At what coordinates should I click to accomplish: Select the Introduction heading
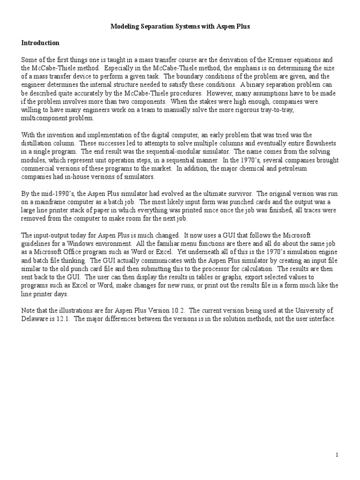point(40,43)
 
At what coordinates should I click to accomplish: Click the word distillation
point(37,143)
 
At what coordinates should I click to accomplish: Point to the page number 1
point(337,455)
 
